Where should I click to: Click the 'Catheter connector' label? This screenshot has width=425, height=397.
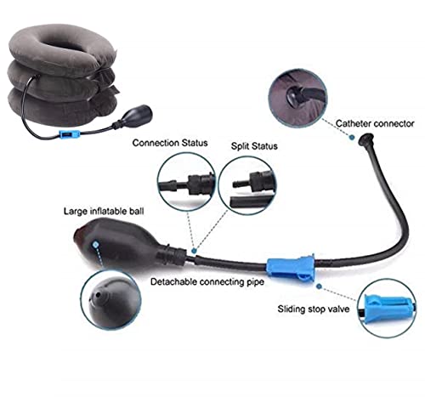(x=375, y=123)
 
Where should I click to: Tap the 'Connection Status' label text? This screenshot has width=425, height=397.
(x=170, y=143)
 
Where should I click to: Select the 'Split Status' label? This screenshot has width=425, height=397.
(x=254, y=146)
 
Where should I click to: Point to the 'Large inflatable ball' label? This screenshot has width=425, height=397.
(x=104, y=212)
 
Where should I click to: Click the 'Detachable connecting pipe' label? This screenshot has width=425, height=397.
(x=207, y=282)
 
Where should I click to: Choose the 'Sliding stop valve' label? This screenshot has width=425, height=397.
(x=314, y=309)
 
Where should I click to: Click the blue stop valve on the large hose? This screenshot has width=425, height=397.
(x=291, y=268)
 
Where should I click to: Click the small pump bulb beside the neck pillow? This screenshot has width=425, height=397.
(x=135, y=116)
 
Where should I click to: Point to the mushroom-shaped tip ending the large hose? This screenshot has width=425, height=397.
(x=365, y=139)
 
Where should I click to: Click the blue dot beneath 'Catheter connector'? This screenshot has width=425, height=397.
(x=352, y=138)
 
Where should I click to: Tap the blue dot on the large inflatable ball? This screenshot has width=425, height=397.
(x=96, y=244)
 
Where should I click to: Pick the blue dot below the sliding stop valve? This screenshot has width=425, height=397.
(x=319, y=286)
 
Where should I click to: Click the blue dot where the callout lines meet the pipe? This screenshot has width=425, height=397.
(x=194, y=251)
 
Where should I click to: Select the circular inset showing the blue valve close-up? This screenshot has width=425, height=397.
(x=387, y=308)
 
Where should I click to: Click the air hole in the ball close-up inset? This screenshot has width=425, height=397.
(x=98, y=295)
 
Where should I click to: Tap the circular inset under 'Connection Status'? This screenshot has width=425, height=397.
(x=186, y=182)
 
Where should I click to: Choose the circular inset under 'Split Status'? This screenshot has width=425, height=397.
(x=247, y=185)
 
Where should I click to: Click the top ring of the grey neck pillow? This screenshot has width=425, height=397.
(x=62, y=49)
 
